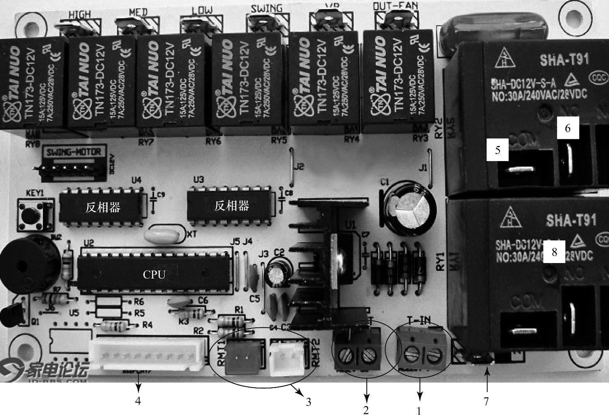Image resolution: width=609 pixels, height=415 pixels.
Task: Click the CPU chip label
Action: (x=154, y=275)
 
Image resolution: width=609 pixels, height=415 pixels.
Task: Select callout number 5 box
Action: (x=497, y=150)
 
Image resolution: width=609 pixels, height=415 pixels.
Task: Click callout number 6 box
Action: (x=567, y=128)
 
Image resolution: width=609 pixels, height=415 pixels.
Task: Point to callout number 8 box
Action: (x=554, y=252)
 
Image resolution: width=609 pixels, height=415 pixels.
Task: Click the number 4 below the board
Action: (x=138, y=401)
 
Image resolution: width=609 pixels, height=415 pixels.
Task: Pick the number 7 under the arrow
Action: (x=486, y=402)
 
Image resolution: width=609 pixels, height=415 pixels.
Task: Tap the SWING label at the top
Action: (x=266, y=8)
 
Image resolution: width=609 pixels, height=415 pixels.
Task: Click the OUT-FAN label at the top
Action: (x=391, y=6)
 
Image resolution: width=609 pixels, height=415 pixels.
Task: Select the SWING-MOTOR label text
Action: (x=74, y=152)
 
